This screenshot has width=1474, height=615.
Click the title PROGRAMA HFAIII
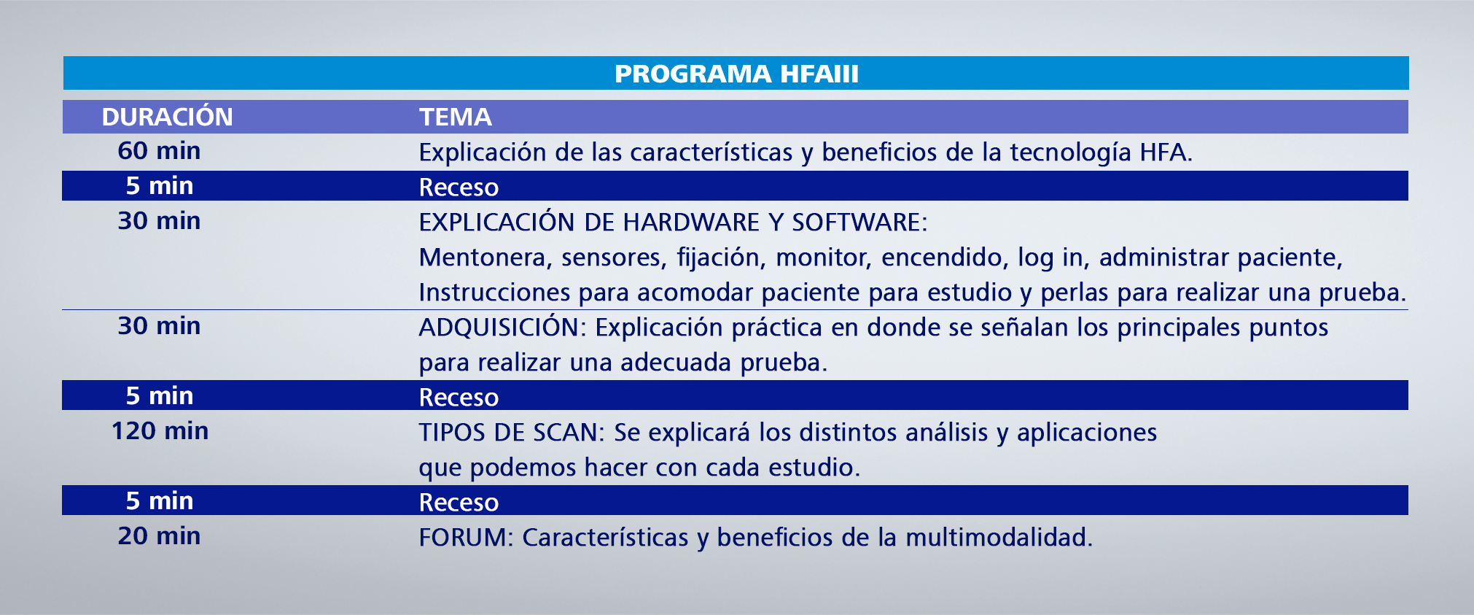736,74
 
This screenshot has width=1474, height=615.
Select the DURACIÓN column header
167,117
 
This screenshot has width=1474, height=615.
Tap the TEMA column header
456,117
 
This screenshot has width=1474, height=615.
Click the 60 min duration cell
159,151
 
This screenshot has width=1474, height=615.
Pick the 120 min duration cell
160,431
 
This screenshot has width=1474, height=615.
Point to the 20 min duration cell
159,536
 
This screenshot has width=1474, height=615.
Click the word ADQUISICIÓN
499,328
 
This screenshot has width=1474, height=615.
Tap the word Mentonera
481,258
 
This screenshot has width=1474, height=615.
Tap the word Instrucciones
494,293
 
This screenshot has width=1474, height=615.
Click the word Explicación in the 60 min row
482,152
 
